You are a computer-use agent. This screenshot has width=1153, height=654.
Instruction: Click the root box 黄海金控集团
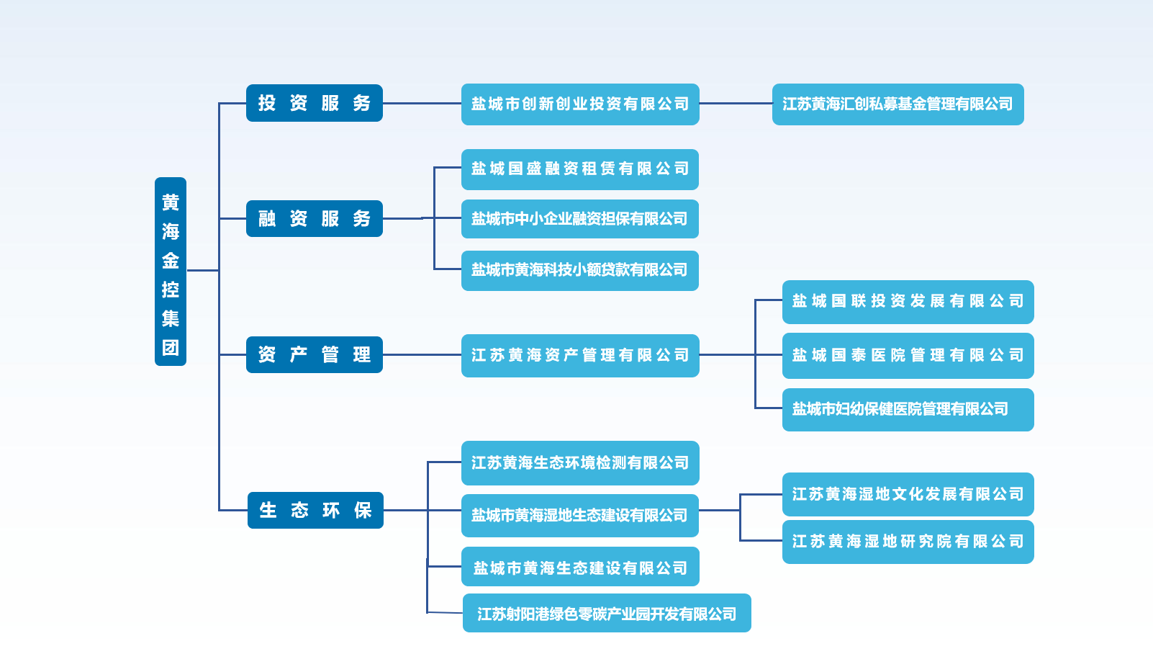tap(171, 272)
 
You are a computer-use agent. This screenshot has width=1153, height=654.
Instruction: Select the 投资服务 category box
tap(314, 103)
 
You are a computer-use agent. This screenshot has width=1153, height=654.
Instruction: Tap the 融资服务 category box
tap(314, 218)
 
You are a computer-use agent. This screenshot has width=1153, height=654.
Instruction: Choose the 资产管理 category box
tap(314, 354)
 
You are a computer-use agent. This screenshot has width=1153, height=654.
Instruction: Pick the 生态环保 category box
tap(315, 510)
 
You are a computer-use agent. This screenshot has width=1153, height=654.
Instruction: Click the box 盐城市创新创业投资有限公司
tap(580, 104)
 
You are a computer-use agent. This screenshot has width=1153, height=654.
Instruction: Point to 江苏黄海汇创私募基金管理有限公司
tap(897, 104)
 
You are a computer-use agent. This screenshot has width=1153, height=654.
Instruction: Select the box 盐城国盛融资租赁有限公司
tap(580, 169)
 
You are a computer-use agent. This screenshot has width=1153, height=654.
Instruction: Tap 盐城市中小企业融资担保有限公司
tap(580, 219)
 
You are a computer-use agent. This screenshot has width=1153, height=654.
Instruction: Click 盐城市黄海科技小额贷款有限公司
tap(580, 270)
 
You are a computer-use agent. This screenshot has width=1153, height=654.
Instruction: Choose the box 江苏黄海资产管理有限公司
tap(580, 355)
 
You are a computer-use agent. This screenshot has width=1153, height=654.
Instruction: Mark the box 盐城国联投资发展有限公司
tap(908, 302)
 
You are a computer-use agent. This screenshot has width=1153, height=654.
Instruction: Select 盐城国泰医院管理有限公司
tap(908, 355)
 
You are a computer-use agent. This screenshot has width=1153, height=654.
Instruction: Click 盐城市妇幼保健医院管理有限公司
tap(908, 409)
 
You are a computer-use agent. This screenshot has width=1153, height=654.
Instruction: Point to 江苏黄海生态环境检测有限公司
tap(580, 462)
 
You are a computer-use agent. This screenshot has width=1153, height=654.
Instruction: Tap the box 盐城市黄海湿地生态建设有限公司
tap(580, 515)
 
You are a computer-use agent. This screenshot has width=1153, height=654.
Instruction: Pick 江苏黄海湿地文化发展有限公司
tap(908, 494)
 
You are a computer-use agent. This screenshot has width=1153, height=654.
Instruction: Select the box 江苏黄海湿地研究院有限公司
tap(908, 542)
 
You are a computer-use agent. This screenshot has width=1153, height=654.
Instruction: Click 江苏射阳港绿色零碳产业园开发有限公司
tap(607, 613)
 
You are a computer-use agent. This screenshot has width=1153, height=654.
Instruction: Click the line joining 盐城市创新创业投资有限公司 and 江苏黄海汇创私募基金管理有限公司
tap(736, 104)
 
